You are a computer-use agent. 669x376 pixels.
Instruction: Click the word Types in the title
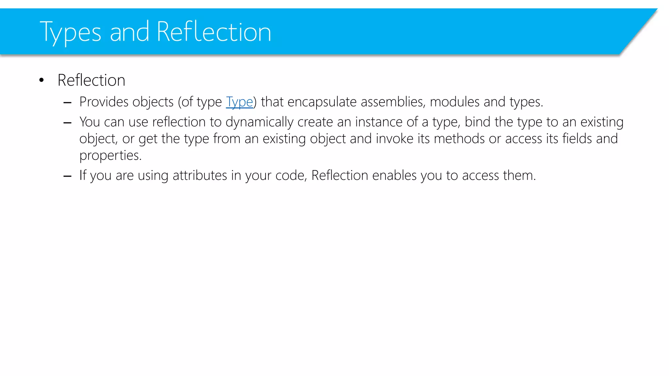click(x=70, y=32)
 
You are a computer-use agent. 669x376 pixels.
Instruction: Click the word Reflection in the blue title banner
click(x=214, y=32)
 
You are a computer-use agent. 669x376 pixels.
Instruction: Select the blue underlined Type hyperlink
click(x=239, y=102)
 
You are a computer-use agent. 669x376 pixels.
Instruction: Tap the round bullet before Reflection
click(x=41, y=80)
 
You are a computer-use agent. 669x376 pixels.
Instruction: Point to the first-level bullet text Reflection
click(x=91, y=80)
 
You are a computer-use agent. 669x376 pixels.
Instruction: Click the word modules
click(x=455, y=102)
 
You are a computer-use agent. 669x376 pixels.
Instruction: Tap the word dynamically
click(x=259, y=122)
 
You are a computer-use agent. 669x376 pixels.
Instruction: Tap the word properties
click(x=110, y=156)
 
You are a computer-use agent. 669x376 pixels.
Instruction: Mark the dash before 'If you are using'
click(x=68, y=176)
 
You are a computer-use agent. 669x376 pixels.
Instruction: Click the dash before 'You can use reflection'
click(x=68, y=123)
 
